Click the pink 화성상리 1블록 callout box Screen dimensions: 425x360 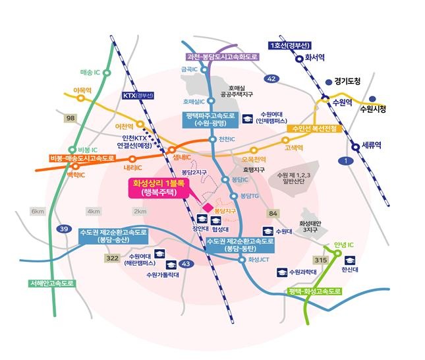click(x=159, y=188)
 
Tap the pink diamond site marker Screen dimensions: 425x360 click(x=208, y=208)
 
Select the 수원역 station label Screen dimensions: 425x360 click(x=342, y=103)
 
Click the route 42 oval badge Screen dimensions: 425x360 click(x=271, y=78)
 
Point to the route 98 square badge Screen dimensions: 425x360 click(x=71, y=118)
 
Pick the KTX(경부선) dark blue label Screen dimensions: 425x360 click(x=138, y=96)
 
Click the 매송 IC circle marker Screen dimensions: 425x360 click(x=107, y=73)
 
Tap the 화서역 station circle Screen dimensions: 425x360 click(x=300, y=59)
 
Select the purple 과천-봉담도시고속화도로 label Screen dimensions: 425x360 click(x=222, y=57)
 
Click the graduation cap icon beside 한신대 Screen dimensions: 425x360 click(x=350, y=260)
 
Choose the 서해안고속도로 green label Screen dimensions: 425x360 click(x=52, y=284)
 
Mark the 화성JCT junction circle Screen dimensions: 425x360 click(x=242, y=260)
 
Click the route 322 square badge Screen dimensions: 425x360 click(x=112, y=258)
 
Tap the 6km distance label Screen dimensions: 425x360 click(x=38, y=211)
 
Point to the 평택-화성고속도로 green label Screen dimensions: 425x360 click(x=314, y=291)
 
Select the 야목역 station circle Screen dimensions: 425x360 click(x=80, y=98)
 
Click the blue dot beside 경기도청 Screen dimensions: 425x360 click(x=329, y=82)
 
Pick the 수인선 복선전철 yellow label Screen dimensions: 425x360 click(x=314, y=129)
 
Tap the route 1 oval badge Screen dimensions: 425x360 click(x=346, y=161)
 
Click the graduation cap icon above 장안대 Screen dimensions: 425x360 click(x=202, y=219)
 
